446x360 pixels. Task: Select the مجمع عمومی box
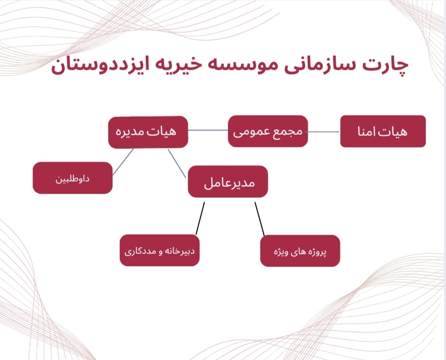click(268, 131)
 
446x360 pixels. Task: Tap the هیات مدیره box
click(148, 132)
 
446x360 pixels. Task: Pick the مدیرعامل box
click(228, 182)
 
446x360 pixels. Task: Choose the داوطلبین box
click(72, 178)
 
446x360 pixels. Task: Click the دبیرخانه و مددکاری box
click(159, 251)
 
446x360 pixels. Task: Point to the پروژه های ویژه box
click(300, 251)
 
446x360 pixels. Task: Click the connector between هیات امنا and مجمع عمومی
click(324, 132)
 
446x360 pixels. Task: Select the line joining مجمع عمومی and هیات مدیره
click(208, 130)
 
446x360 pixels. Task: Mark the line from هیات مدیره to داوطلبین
click(123, 162)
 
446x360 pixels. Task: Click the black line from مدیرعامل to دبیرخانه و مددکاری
click(200, 218)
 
